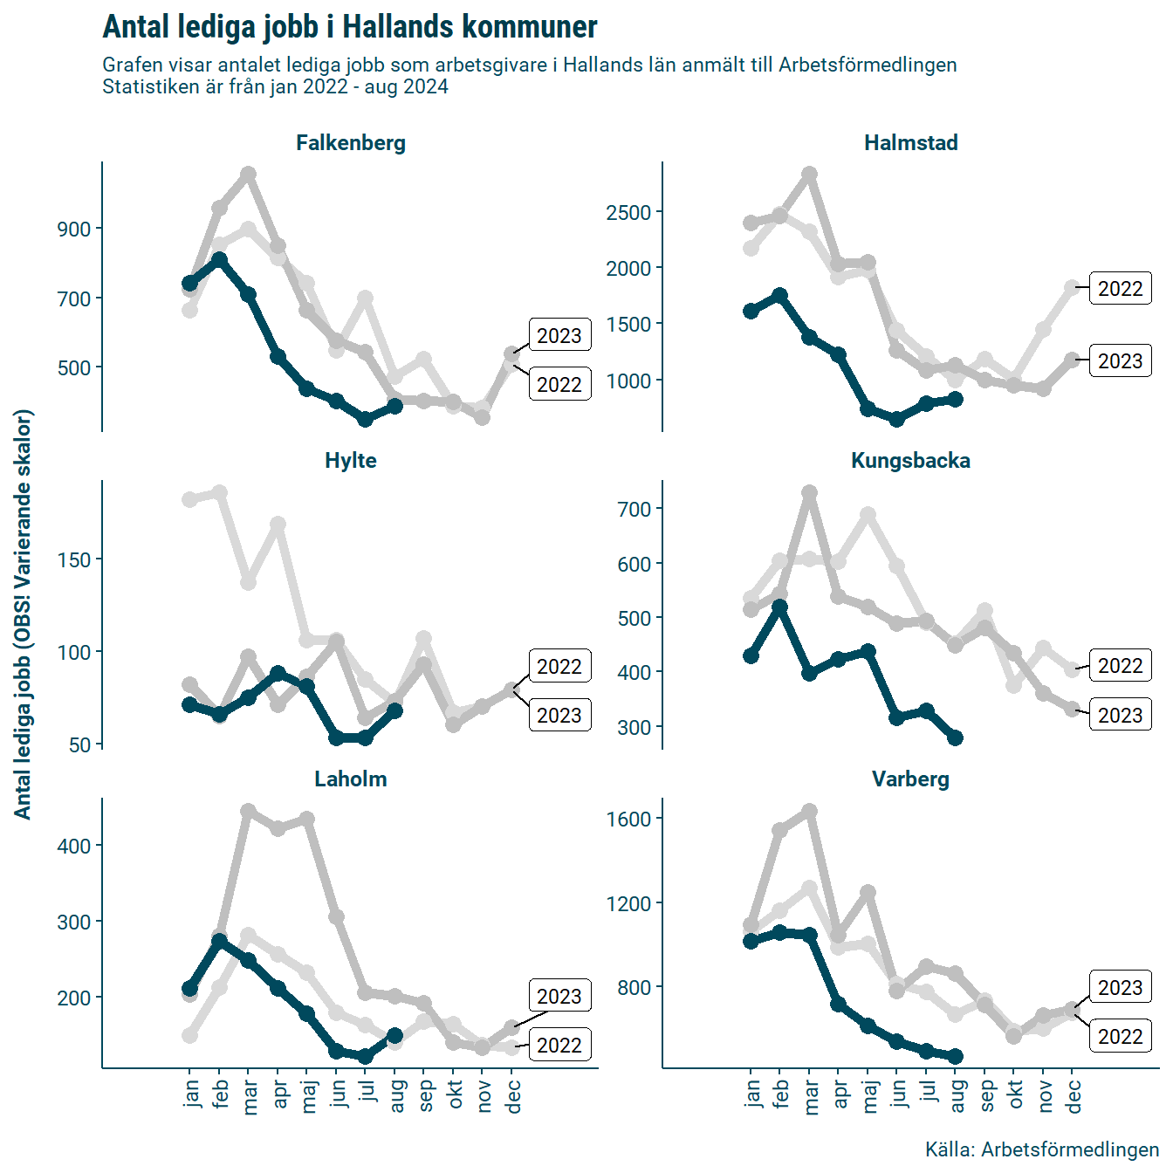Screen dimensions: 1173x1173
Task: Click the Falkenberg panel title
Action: click(351, 143)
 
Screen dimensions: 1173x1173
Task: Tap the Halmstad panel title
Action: click(910, 143)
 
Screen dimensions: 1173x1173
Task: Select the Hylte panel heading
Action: click(351, 461)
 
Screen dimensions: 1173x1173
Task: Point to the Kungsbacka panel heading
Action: click(910, 461)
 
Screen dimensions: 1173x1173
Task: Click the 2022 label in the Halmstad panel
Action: click(1120, 289)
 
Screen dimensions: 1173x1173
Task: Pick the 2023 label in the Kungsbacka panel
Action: click(1120, 716)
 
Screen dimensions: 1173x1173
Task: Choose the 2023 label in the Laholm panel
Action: click(559, 997)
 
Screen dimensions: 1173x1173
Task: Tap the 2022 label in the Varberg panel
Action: click(1120, 1037)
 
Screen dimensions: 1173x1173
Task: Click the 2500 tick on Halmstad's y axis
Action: click(629, 213)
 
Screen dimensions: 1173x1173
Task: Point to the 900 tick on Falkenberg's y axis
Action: click(75, 230)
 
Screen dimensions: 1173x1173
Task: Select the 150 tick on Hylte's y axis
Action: click(75, 560)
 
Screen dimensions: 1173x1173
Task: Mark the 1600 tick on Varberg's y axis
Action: click(629, 820)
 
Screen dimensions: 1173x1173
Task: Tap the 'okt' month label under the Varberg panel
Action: click(1015, 1094)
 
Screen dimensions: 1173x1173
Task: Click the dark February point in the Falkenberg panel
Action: click(219, 260)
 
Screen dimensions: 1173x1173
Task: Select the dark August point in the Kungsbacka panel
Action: click(955, 738)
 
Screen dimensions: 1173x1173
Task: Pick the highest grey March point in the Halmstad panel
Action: click(809, 175)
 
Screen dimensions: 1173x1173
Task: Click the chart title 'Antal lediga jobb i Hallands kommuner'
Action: click(350, 27)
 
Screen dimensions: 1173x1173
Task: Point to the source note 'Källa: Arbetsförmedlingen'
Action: click(1041, 1149)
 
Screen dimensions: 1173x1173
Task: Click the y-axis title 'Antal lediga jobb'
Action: click(23, 614)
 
